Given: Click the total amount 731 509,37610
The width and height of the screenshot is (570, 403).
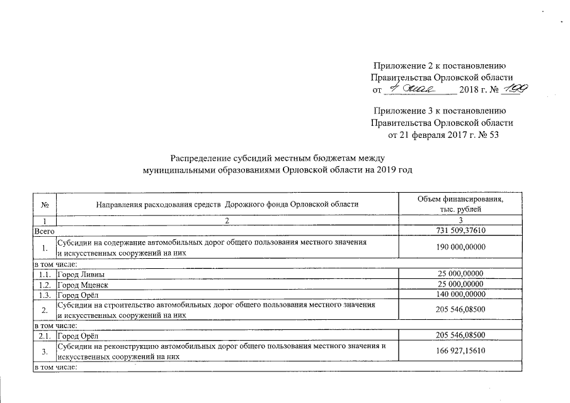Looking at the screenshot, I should click(x=461, y=232).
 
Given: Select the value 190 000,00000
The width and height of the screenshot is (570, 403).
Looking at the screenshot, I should click(x=461, y=247).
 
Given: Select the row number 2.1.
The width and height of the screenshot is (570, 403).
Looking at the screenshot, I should click(x=43, y=334).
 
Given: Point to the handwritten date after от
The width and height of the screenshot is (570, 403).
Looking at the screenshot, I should click(x=421, y=89).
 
